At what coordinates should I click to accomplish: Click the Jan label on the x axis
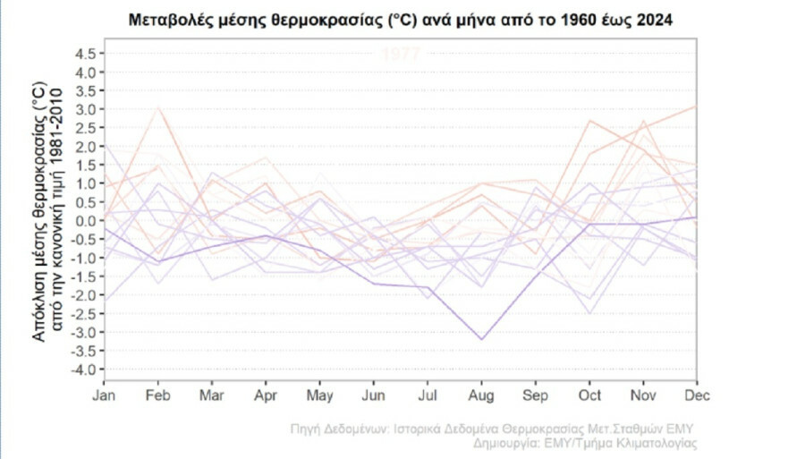[x=105, y=395]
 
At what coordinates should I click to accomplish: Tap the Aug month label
[x=482, y=395]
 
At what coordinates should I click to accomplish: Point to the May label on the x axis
[x=320, y=395]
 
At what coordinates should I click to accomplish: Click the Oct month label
[x=589, y=395]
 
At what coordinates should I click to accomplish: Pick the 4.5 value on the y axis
[x=86, y=54]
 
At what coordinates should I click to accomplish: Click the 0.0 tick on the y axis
[x=86, y=221]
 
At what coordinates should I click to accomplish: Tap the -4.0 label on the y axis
[x=84, y=370]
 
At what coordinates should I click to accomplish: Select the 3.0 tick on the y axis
[x=86, y=109]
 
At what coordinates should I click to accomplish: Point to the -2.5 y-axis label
[x=84, y=314]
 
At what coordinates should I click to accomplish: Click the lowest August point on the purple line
[x=482, y=339]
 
